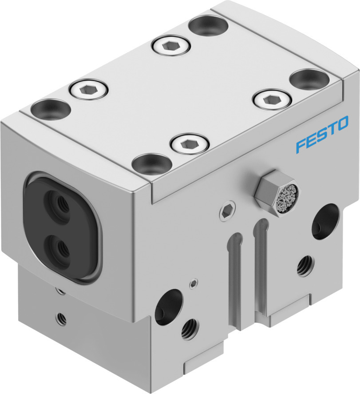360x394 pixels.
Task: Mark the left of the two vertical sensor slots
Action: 235,267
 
